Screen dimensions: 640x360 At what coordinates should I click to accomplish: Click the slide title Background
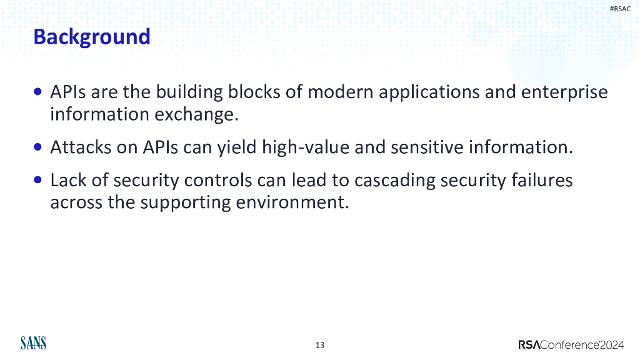tap(92, 37)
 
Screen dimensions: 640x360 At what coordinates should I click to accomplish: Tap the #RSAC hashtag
tap(620, 9)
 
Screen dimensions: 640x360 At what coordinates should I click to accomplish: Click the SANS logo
tap(34, 343)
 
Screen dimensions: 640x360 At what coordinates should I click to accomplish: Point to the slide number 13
tap(320, 345)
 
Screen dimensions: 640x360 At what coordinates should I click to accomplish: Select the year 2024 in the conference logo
tap(611, 345)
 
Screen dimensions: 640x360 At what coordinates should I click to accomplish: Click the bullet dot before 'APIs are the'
tap(38, 91)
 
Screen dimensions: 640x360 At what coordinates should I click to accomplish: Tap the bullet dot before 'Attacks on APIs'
tap(38, 146)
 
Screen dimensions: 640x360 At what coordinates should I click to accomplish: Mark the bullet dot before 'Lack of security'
tap(38, 179)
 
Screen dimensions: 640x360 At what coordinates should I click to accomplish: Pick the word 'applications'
tap(429, 92)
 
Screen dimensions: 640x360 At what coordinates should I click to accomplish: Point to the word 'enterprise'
tap(564, 92)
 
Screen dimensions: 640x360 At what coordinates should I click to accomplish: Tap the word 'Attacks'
tap(81, 147)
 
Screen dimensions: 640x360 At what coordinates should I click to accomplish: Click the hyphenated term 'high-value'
tap(306, 147)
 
